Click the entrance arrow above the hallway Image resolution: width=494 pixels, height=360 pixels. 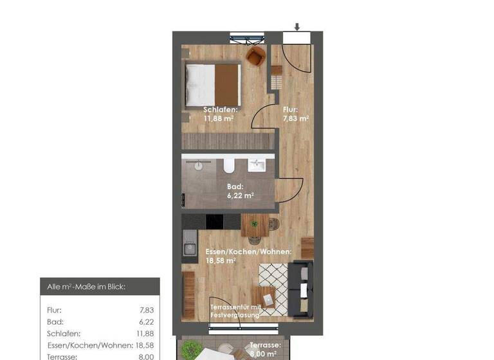[x=297, y=27]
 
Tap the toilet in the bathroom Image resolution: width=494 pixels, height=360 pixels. [x=228, y=168]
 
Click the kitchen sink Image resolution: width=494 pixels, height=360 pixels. [x=190, y=246]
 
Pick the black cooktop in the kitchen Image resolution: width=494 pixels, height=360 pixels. [x=214, y=221]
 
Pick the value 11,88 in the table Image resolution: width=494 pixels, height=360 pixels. [x=145, y=334]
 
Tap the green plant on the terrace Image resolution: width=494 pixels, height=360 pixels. [x=190, y=350]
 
